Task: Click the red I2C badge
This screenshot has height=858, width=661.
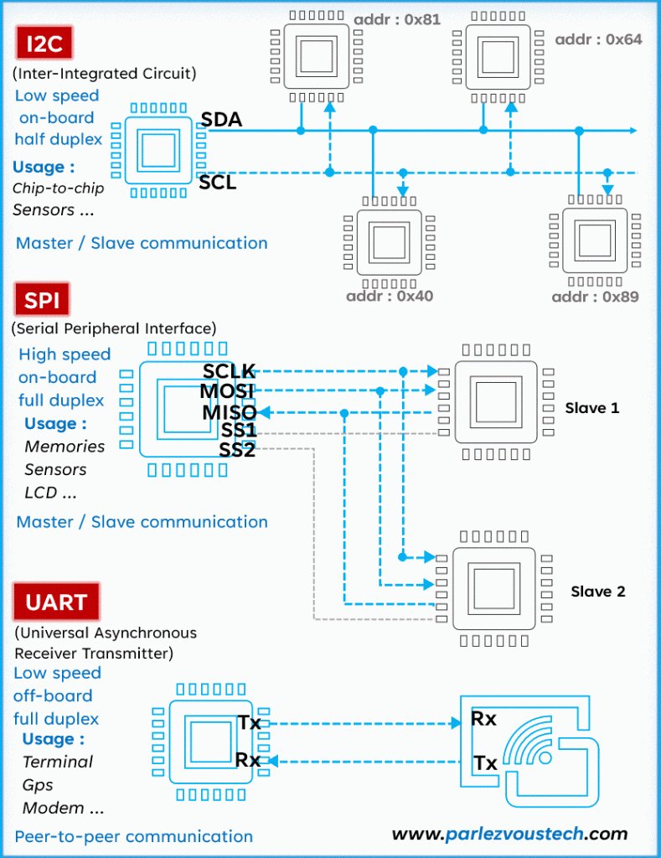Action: [x=44, y=43]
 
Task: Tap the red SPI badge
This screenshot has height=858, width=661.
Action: [x=42, y=299]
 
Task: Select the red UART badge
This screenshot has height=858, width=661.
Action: [x=56, y=602]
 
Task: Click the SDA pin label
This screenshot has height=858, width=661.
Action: [x=221, y=119]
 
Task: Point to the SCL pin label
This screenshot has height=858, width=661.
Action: [x=217, y=182]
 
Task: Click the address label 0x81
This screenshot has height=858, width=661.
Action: [x=397, y=20]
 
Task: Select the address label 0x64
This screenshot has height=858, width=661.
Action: [x=599, y=39]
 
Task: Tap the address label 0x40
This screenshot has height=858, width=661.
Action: [x=390, y=296]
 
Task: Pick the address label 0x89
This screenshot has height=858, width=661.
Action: [x=596, y=297]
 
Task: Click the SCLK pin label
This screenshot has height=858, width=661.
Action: [x=229, y=371]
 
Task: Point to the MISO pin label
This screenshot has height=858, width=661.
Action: [x=230, y=412]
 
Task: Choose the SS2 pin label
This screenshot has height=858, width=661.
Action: [x=237, y=450]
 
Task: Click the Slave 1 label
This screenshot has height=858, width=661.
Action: [x=592, y=408]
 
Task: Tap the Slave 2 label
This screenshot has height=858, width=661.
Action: [x=597, y=592]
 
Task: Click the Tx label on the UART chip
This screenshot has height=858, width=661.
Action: [x=249, y=723]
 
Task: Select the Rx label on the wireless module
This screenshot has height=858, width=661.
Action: [x=483, y=718]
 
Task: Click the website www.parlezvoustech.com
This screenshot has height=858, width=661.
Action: [x=509, y=834]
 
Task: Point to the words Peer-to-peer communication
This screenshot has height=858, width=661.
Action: [x=133, y=836]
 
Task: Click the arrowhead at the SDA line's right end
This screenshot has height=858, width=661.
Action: [x=633, y=130]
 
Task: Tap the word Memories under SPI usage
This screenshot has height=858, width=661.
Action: [x=65, y=447]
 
